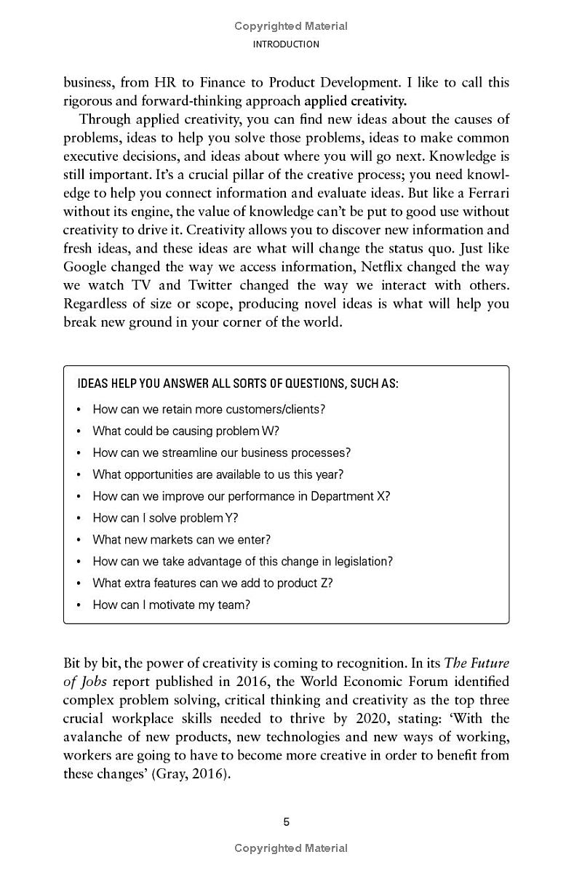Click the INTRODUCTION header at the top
[x=285, y=44]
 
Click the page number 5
[x=286, y=822]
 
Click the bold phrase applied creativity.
[x=356, y=100]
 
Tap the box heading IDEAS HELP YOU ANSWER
[x=237, y=383]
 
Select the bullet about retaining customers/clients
[x=209, y=409]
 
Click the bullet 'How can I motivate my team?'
[x=171, y=605]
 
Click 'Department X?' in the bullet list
[x=350, y=496]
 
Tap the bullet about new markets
[x=181, y=540]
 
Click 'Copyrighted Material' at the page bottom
[x=291, y=848]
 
